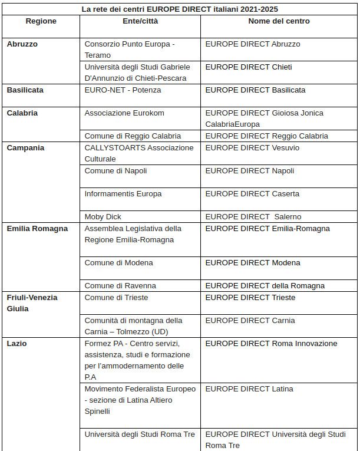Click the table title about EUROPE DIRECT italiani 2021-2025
coord(180,9)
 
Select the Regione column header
coord(41,21)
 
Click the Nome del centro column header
coord(279,21)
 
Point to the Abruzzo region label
coord(22,44)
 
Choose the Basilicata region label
coord(25,90)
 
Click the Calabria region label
coord(22,113)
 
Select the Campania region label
coord(25,148)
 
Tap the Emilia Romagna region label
coord(37,229)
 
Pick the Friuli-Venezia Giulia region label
coord(32,303)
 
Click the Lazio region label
coord(16,344)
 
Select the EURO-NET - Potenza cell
coord(123,90)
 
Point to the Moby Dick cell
coord(103,217)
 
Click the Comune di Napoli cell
coord(115,171)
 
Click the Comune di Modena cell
coord(118,263)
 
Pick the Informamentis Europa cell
coord(123,194)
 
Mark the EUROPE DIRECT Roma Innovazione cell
coord(271,344)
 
